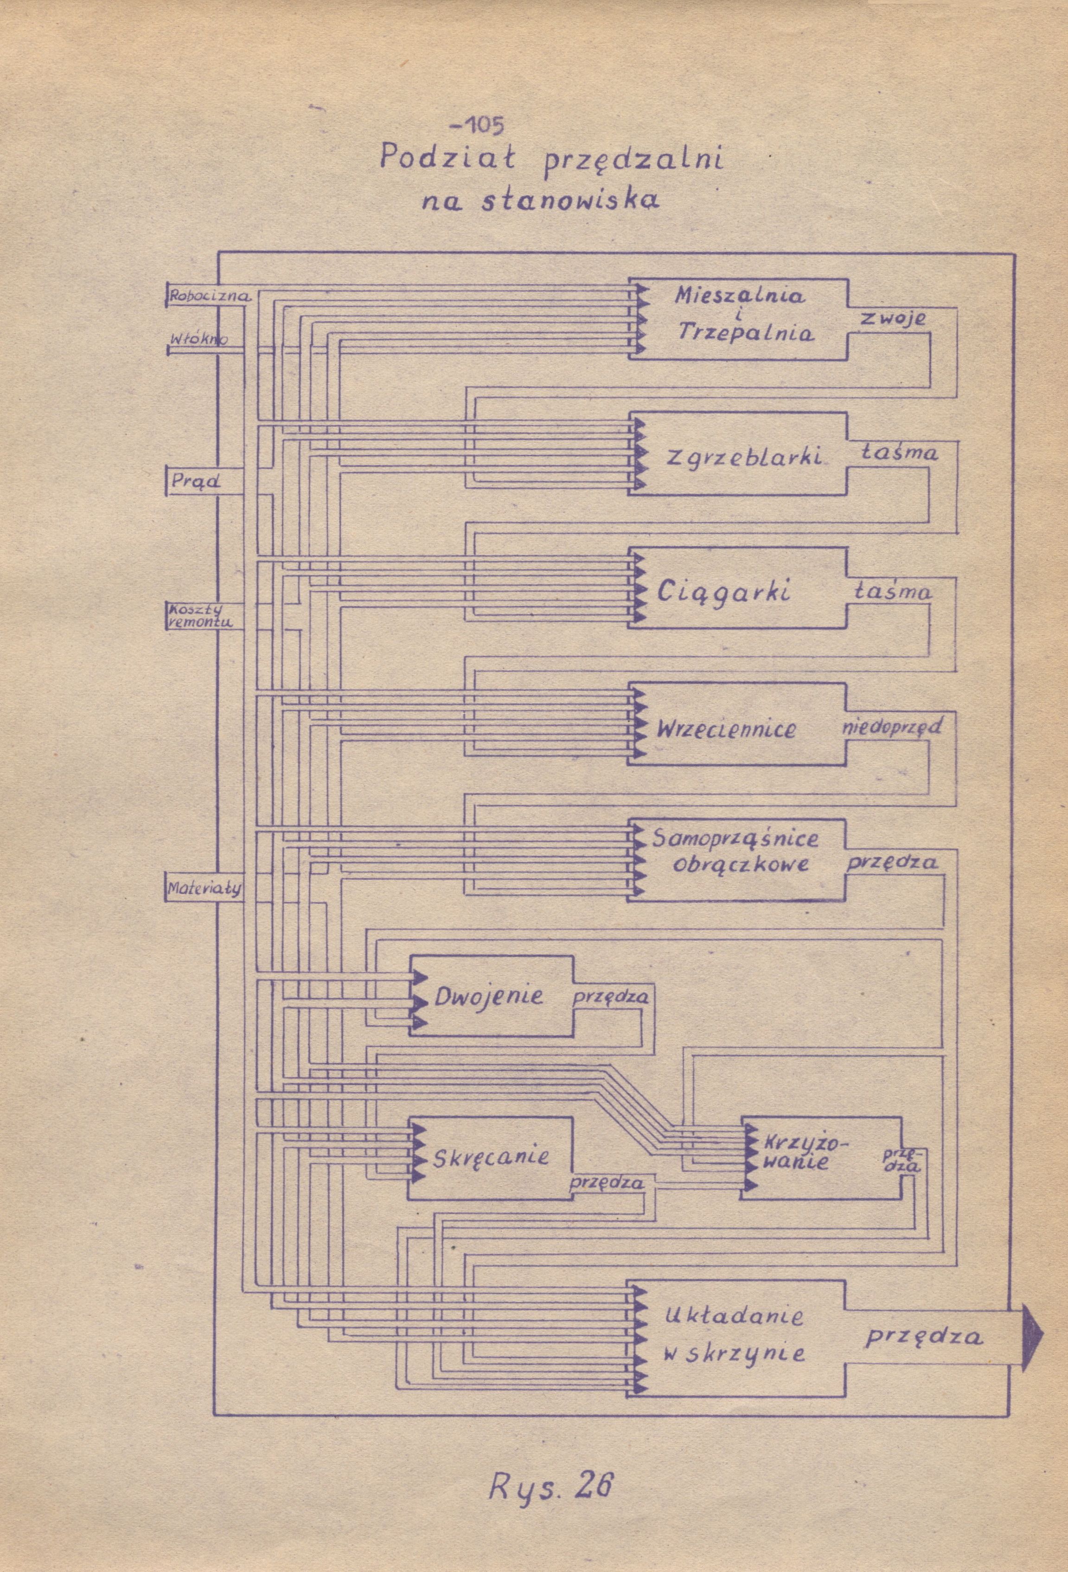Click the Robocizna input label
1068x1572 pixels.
click(x=210, y=295)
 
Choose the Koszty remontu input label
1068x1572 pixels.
click(x=199, y=615)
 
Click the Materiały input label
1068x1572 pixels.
click(x=204, y=889)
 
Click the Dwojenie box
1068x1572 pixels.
click(x=490, y=997)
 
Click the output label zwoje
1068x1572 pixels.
click(x=892, y=318)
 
